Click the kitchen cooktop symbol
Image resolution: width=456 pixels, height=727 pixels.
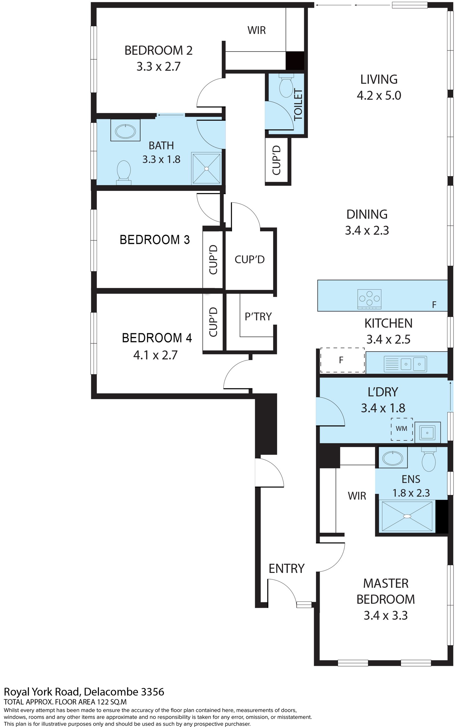click(369, 299)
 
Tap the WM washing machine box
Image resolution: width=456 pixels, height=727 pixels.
click(401, 429)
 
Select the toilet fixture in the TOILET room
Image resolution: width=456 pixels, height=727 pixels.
click(286, 86)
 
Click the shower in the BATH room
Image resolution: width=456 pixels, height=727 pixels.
click(207, 168)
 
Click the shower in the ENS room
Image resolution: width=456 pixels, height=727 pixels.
click(407, 516)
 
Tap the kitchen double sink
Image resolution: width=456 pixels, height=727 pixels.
click(405, 364)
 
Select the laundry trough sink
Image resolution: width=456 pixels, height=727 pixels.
click(427, 433)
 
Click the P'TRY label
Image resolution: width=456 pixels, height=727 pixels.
click(258, 316)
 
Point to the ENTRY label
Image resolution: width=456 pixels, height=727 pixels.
click(286, 568)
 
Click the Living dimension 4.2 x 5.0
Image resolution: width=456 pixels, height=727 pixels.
click(379, 95)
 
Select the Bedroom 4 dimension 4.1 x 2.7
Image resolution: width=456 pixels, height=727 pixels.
click(155, 355)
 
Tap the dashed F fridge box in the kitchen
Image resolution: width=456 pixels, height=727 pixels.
click(342, 360)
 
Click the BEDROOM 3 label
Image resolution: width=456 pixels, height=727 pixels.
click(155, 240)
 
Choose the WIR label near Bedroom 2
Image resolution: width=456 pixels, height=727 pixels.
click(257, 30)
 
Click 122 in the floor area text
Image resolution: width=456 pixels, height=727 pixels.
click(103, 702)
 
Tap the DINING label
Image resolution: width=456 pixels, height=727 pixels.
click(367, 214)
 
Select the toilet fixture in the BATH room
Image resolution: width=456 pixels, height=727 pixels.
click(124, 172)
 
